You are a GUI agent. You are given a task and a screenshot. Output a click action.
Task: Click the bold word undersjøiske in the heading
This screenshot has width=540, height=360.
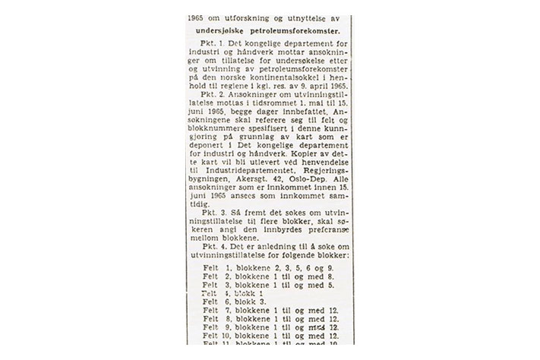pos(228,31)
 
